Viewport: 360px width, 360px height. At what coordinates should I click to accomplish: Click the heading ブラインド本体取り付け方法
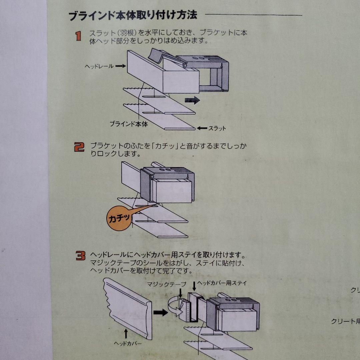(x=133, y=16)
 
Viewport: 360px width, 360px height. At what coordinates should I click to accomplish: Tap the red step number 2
(x=79, y=147)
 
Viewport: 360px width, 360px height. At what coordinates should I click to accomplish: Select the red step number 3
(x=80, y=256)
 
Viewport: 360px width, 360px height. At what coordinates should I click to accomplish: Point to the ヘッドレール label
(x=99, y=66)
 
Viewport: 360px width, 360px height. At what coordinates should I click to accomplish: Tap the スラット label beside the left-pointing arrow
(x=217, y=128)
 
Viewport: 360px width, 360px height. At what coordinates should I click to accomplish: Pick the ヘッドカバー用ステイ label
(x=222, y=283)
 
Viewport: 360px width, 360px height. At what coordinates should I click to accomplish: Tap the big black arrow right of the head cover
(x=160, y=313)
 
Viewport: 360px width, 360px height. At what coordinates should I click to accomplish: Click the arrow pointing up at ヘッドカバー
(x=126, y=334)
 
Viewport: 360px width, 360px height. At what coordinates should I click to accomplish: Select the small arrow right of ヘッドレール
(x=121, y=66)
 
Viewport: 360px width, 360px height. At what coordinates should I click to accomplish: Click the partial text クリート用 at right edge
(x=345, y=321)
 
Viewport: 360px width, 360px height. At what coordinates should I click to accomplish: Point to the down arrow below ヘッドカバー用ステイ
(x=194, y=286)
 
